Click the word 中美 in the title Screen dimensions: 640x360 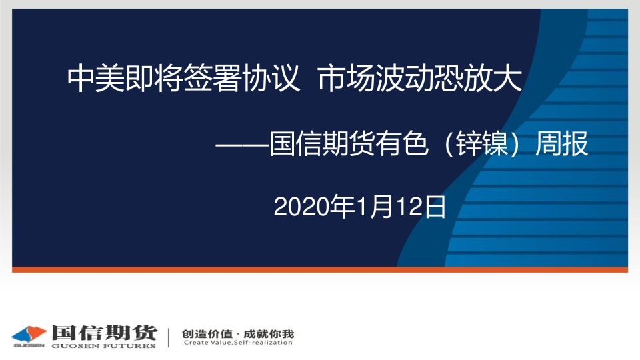click(x=96, y=78)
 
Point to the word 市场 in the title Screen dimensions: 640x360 click(x=346, y=78)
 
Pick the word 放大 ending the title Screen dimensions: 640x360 click(x=493, y=78)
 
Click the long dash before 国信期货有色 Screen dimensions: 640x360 click(x=242, y=145)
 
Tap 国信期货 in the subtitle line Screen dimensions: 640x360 click(x=322, y=143)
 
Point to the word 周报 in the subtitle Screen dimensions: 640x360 click(x=561, y=143)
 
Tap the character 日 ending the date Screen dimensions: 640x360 click(x=435, y=207)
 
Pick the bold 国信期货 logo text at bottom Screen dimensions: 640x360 click(x=105, y=333)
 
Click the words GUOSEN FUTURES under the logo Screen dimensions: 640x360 click(x=104, y=346)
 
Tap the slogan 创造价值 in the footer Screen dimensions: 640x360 click(x=207, y=334)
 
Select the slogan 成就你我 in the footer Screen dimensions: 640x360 click(x=269, y=334)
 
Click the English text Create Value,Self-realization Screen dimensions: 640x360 click(x=238, y=343)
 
